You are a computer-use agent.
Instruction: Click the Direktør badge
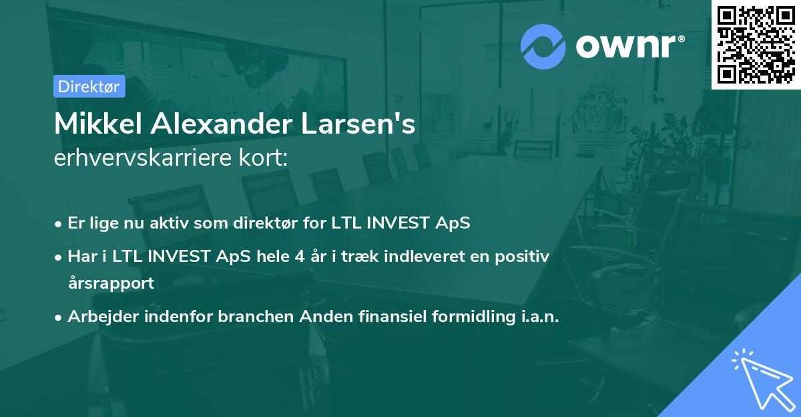[88, 86]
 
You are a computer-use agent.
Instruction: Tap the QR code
[756, 45]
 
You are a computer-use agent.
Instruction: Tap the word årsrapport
[111, 283]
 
